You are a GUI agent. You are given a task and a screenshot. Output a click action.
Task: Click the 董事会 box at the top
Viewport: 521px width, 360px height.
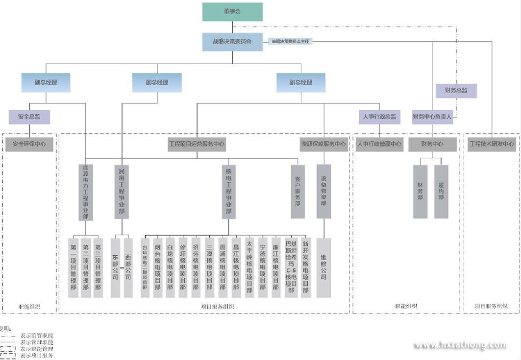pos(232,12)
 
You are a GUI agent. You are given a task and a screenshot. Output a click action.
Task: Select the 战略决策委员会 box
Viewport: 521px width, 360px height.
pos(232,42)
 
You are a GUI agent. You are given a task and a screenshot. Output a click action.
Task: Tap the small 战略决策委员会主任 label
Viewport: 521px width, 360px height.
pos(291,42)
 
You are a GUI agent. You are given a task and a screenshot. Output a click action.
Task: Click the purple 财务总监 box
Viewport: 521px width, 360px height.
pos(456,90)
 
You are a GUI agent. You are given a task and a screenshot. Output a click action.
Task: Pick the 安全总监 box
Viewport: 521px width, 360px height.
pos(29,117)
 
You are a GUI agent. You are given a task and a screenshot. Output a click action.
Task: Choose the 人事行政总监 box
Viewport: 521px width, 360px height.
pos(379,117)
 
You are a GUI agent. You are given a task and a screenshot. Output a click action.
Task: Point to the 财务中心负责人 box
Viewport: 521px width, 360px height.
pos(432,117)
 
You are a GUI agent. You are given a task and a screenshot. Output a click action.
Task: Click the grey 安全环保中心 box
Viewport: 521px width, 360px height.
pos(29,144)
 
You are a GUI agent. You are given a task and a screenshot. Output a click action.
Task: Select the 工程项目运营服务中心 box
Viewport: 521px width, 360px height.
pos(197,144)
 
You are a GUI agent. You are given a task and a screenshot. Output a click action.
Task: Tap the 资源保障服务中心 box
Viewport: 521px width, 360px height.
pos(323,144)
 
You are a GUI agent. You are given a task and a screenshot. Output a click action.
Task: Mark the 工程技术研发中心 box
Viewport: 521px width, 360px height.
pos(492,144)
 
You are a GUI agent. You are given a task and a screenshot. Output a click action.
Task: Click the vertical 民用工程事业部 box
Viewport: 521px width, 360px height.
pos(122,191)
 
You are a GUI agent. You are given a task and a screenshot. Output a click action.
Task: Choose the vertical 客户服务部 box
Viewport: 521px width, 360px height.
pos(298,192)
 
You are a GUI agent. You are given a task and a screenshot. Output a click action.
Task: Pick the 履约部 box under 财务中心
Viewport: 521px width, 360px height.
pos(441,192)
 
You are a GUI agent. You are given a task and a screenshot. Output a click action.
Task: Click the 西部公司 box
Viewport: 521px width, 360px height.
pos(128,267)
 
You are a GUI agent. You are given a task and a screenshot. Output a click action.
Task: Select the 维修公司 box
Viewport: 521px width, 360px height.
pos(323,267)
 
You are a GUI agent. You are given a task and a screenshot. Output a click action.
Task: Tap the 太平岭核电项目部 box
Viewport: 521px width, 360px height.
pos(249,267)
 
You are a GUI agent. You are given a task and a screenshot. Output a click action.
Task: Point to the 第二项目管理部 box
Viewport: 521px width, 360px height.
pos(86,267)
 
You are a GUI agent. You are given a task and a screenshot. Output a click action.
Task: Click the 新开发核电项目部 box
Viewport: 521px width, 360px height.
pos(306,267)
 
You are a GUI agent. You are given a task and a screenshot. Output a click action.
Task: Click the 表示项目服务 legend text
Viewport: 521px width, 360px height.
pos(37,356)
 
